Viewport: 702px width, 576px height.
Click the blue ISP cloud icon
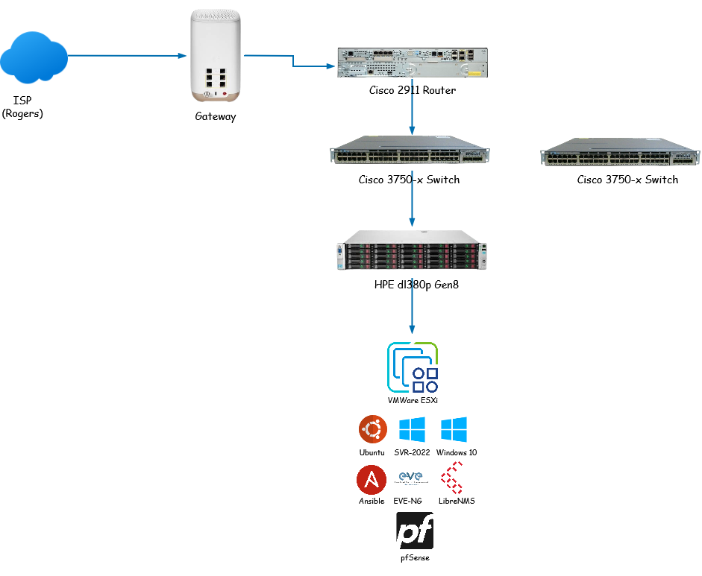pyautogui.click(x=34, y=57)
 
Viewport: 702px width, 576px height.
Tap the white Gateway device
pyautogui.click(x=215, y=57)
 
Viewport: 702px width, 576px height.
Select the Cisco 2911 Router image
pyautogui.click(x=412, y=63)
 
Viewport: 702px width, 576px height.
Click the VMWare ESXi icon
pyautogui.click(x=413, y=367)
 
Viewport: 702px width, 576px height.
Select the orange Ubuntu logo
pyautogui.click(x=372, y=430)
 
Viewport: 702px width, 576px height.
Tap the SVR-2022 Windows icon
pyautogui.click(x=412, y=430)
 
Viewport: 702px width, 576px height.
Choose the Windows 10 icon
pyautogui.click(x=454, y=430)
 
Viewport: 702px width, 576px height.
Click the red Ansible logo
pyautogui.click(x=372, y=479)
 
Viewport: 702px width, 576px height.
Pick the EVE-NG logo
pyautogui.click(x=411, y=479)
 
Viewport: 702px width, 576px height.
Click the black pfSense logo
pyautogui.click(x=414, y=531)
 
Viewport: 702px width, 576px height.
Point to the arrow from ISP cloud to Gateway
pyautogui.click(x=127, y=55)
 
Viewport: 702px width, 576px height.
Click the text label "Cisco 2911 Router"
pyautogui.click(x=412, y=91)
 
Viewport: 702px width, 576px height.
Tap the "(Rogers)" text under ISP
pyautogui.click(x=22, y=114)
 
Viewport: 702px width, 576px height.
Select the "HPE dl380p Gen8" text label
pyautogui.click(x=411, y=284)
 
